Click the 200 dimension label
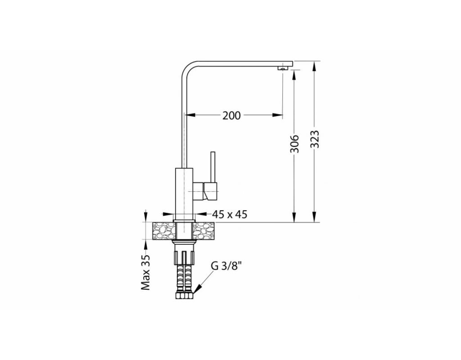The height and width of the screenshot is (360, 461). pyautogui.click(x=231, y=116)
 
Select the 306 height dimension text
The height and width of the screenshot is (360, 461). pyautogui.click(x=294, y=144)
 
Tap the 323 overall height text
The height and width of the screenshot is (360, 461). pyautogui.click(x=315, y=139)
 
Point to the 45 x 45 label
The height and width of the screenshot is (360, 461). pyautogui.click(x=229, y=215)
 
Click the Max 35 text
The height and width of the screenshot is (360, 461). pyautogui.click(x=145, y=272)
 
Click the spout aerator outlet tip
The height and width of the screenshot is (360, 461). pyautogui.click(x=283, y=68)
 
